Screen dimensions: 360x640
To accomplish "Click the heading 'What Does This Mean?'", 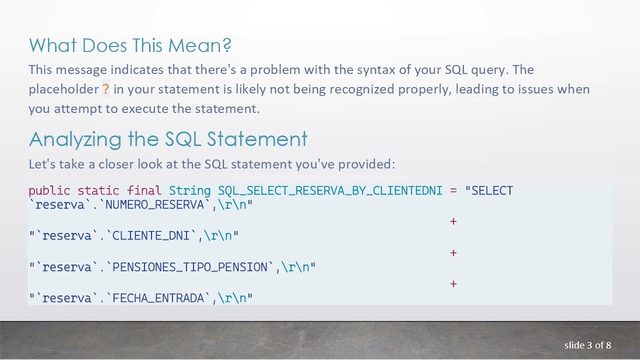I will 130,45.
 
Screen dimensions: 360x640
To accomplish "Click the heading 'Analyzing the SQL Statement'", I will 168,139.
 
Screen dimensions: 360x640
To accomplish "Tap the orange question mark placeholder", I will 105,89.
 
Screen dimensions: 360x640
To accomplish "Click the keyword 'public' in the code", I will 49,191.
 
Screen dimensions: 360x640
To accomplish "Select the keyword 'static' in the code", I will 98,191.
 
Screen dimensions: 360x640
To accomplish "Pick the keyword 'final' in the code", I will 144,191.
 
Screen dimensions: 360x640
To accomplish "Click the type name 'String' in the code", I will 189,191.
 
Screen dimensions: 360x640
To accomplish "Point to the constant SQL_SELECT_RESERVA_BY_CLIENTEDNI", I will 330,191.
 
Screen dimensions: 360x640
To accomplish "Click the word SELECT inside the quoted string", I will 492,191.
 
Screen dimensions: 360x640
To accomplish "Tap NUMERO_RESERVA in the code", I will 154,205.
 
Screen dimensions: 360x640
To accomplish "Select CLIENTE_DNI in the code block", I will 151,236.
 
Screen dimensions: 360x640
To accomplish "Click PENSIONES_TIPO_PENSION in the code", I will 189,267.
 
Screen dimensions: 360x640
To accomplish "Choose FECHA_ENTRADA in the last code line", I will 158,298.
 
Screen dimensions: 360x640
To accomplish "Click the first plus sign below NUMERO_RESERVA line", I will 453,221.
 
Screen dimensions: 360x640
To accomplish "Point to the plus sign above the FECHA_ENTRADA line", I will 453,284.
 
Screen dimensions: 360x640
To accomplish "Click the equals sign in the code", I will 453,191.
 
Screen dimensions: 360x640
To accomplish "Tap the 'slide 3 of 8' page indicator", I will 587,345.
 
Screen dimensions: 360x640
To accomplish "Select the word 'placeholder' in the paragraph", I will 63,89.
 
